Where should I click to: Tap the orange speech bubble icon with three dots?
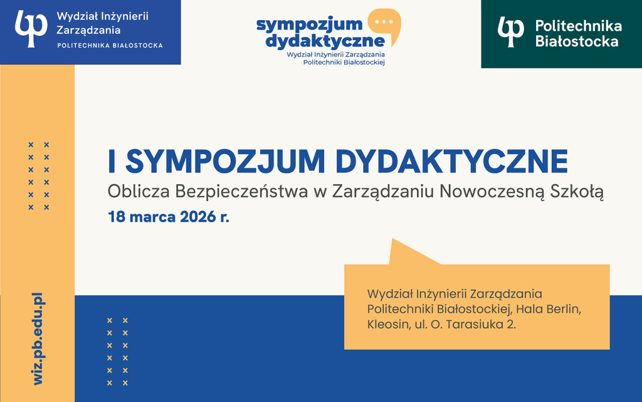coord(383,24)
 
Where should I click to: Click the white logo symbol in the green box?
coord(510,32)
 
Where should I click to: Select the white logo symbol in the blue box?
coord(31,28)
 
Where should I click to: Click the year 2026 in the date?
coord(197,218)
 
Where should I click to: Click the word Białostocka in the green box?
coord(577,41)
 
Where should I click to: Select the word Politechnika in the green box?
coord(578,26)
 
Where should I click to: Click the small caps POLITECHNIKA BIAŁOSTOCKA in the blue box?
coord(110,45)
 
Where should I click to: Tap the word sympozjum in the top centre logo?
coord(309,24)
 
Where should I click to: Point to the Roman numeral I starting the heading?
coord(112,162)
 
